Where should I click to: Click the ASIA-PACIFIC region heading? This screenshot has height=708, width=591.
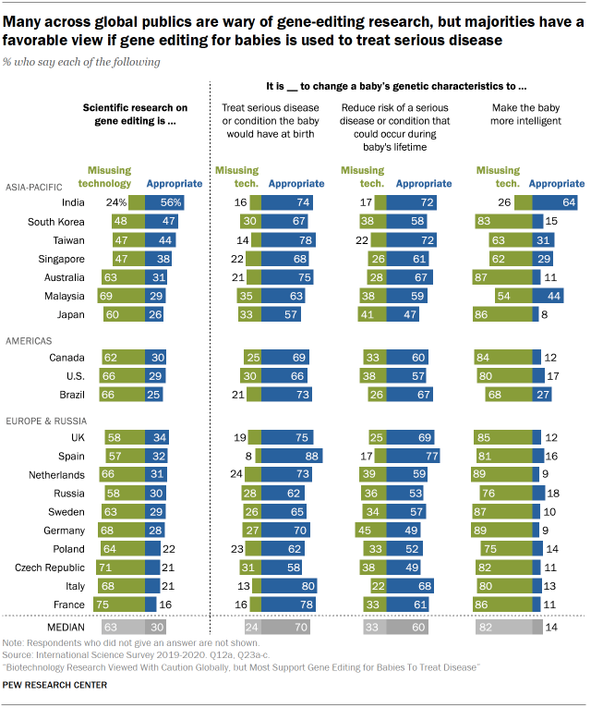point(35,185)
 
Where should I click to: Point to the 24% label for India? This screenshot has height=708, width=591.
point(116,201)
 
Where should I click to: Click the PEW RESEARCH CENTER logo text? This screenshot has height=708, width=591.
point(55,685)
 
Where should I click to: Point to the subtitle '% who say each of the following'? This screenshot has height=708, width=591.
point(81,62)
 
